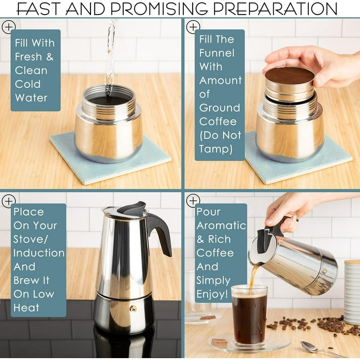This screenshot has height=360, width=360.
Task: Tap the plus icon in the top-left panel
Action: pyautogui.click(x=8, y=27)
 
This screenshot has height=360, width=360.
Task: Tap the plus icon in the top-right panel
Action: pyautogui.click(x=193, y=27)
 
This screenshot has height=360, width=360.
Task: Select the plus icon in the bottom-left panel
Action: pyautogui.click(x=8, y=201)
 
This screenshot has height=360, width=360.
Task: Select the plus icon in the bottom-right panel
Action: pyautogui.click(x=193, y=201)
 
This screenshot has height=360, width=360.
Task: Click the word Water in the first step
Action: pyautogui.click(x=31, y=98)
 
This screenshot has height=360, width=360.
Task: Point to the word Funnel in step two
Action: pyautogui.click(x=217, y=53)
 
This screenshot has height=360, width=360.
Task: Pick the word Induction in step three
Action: pyautogui.click(x=39, y=253)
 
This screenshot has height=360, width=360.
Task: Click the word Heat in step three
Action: pyautogui.click(x=27, y=308)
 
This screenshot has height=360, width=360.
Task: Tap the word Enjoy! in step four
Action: pyautogui.click(x=213, y=294)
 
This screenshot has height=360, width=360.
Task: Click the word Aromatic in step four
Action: pyautogui.click(x=221, y=225)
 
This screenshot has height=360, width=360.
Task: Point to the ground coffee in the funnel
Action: pyautogui.click(x=289, y=75)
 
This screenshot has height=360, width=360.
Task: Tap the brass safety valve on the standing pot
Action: pyautogui.click(x=133, y=308)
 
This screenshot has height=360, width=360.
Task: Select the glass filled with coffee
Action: pyautogui.click(x=249, y=314)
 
